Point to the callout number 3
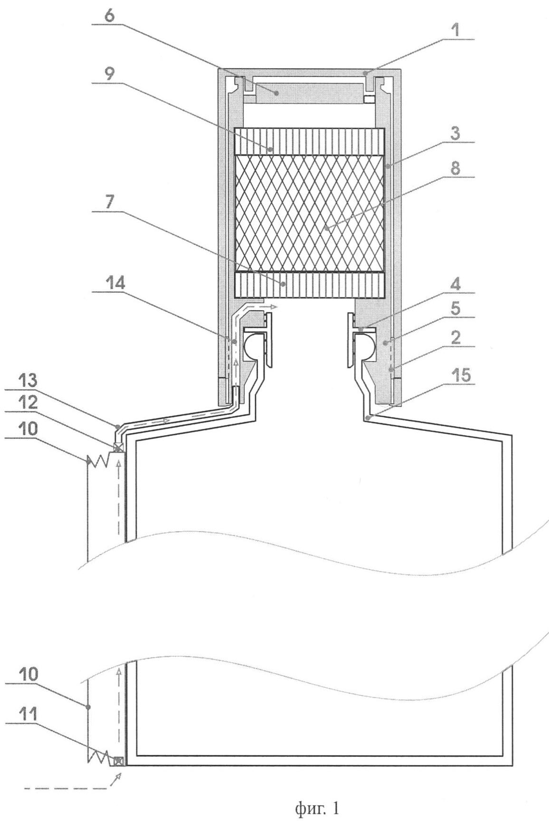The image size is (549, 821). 455,134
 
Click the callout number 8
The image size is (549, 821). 455,170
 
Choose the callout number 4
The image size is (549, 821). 455,286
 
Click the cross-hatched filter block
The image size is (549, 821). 309,214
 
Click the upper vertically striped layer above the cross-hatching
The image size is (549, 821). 309,142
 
